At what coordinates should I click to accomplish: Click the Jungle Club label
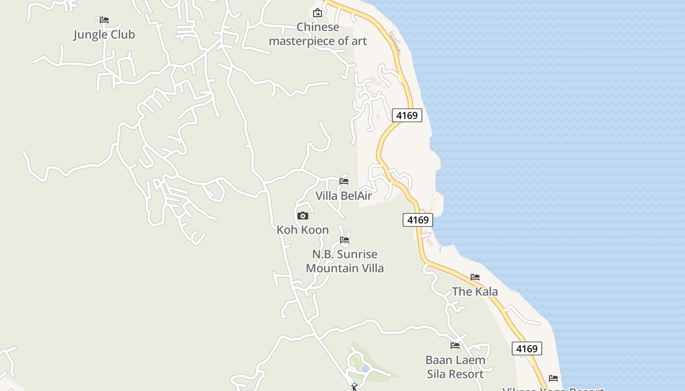pos(104,35)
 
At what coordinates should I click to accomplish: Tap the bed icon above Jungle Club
pos(104,20)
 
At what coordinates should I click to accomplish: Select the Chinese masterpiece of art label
pos(318,34)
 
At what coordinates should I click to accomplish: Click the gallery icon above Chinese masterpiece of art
pos(318,13)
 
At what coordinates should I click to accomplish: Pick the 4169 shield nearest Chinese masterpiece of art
pos(407,115)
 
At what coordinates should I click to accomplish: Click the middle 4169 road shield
pos(418,220)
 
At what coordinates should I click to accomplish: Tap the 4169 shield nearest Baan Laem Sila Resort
pos(527,348)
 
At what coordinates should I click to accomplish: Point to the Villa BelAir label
pos(343,196)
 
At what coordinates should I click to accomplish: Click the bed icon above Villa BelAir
pos(344,181)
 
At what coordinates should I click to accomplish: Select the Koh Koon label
pos(302,230)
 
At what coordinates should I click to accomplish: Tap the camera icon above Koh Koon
pos(303,216)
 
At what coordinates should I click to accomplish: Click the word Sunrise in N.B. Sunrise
pos(359,254)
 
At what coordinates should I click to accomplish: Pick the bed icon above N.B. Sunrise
pos(344,240)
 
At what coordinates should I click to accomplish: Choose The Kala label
pos(475,292)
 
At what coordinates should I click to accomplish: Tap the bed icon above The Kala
pos(475,277)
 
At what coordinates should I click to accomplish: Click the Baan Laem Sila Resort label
pos(455,367)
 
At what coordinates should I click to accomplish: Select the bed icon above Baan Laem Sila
pos(455,346)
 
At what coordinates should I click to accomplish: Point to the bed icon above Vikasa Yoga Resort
pos(553,378)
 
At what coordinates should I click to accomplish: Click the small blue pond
pos(365,369)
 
